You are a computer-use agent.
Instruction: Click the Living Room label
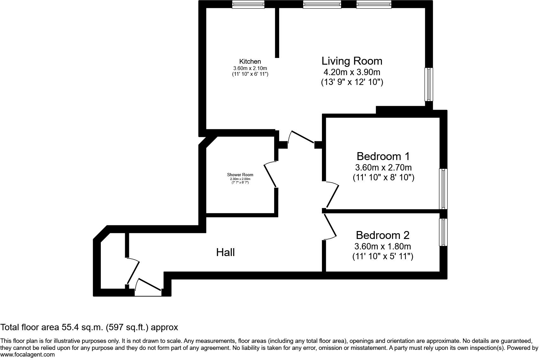pos(352,61)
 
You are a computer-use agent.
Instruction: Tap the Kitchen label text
pos(250,61)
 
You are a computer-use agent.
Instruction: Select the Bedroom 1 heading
pos(383,156)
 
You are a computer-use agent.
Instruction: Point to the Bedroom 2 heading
pos(382,235)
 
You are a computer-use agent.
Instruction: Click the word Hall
pos(225,252)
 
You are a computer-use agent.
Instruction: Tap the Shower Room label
pos(240,175)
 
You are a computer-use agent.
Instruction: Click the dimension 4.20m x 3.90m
pos(352,72)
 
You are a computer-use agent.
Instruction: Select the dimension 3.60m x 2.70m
pos(383,167)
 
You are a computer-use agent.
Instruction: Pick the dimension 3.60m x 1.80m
pos(382,246)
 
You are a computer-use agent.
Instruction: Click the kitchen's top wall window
pos(248,4)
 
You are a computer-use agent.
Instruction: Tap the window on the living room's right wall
pos(429,84)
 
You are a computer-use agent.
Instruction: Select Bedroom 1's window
pos(443,189)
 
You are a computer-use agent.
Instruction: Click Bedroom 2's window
pos(443,232)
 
